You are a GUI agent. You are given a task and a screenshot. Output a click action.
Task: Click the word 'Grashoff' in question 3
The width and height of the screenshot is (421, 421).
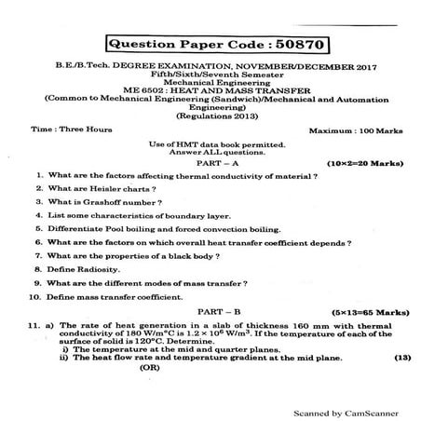click(x=102, y=200)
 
